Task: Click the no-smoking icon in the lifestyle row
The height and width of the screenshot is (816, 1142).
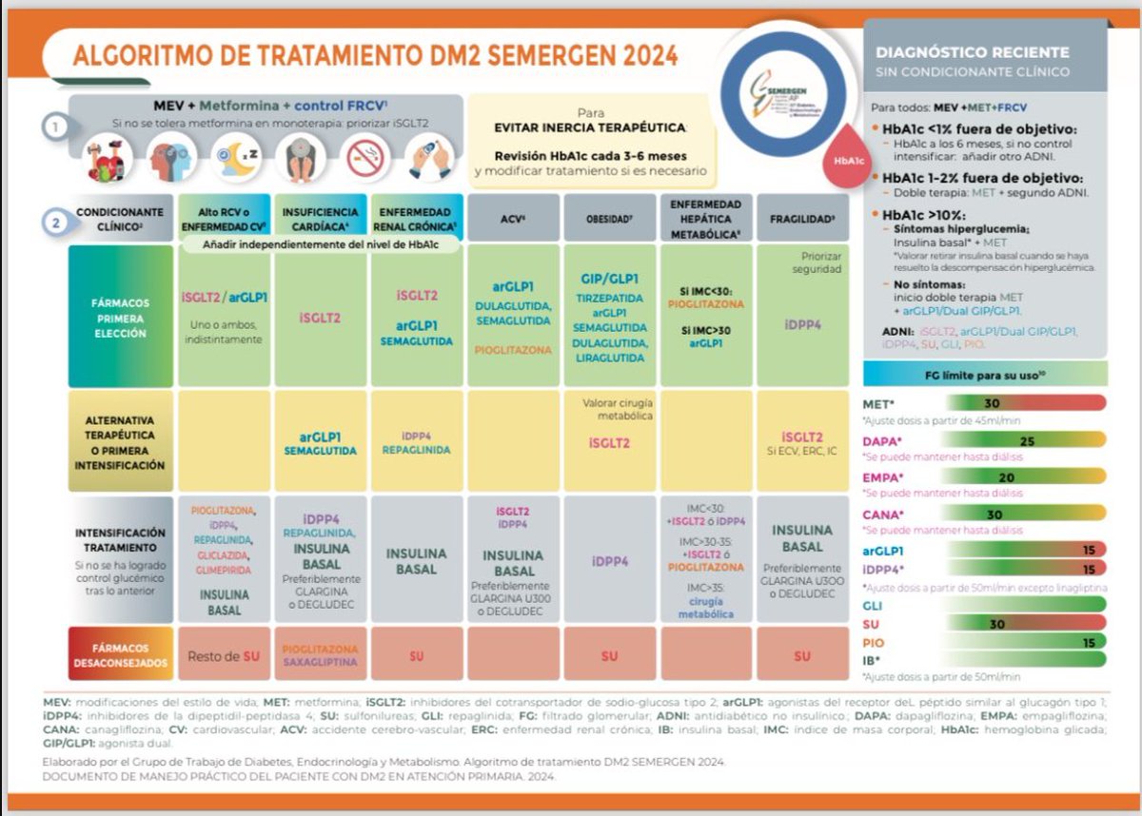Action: click(364, 157)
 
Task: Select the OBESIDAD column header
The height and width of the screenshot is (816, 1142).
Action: click(609, 218)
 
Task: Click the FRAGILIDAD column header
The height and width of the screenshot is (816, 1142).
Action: click(801, 218)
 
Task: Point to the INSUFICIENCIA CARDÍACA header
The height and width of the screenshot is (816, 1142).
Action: click(321, 218)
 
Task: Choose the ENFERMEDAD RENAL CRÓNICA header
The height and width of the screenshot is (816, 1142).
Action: click(416, 218)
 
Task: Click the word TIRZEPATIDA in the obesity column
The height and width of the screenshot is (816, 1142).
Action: click(609, 297)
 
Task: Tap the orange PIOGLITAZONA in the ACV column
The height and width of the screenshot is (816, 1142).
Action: click(514, 350)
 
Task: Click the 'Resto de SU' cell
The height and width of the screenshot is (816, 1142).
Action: click(224, 656)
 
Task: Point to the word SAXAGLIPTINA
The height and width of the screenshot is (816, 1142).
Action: click(320, 662)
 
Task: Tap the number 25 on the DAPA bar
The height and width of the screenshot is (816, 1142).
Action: click(1027, 441)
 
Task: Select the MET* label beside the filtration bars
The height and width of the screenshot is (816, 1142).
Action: click(878, 403)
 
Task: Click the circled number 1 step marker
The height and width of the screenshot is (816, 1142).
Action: click(58, 125)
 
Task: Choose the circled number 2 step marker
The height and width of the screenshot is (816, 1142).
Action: click(58, 223)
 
